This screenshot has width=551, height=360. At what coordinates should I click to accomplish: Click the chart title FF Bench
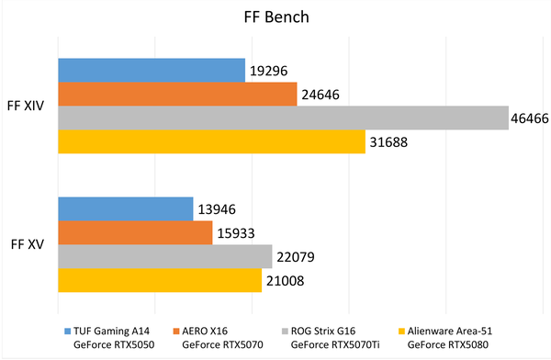[275, 17]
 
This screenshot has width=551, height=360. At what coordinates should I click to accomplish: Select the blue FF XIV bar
[152, 70]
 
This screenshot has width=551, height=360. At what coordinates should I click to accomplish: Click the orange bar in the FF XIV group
[177, 94]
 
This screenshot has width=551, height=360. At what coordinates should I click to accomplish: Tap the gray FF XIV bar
[283, 118]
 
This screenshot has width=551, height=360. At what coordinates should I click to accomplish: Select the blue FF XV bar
[126, 209]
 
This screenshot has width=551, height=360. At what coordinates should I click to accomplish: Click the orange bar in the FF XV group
[135, 233]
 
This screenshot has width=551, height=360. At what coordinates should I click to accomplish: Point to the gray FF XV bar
[165, 257]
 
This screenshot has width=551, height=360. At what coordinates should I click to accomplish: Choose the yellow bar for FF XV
[160, 281]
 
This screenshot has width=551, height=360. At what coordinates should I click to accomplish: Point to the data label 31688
[391, 142]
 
